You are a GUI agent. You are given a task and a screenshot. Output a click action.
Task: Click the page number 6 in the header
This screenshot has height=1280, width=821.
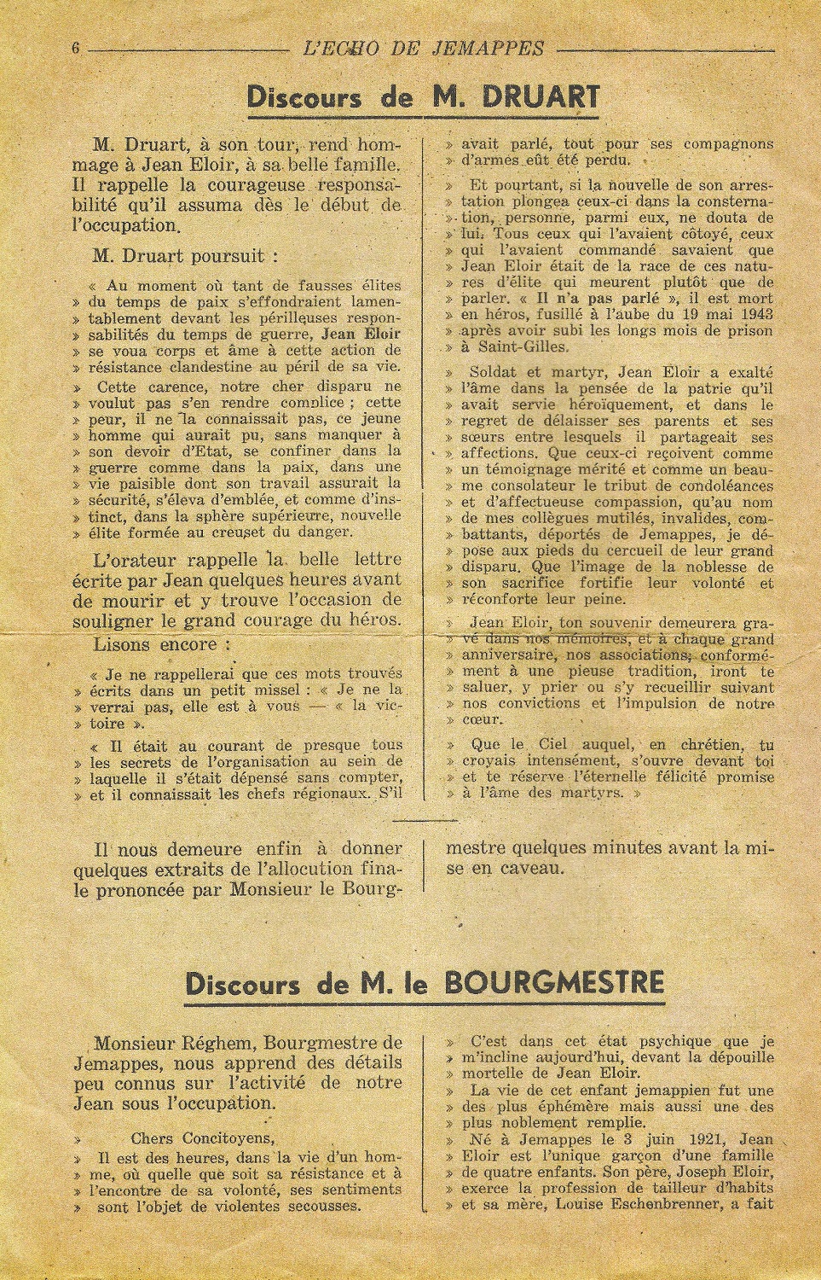click(x=76, y=48)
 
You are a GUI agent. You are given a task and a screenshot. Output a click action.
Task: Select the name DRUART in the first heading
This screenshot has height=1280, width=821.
click(x=523, y=97)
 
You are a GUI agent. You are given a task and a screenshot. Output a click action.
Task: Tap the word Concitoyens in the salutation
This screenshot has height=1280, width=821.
click(x=223, y=1138)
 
